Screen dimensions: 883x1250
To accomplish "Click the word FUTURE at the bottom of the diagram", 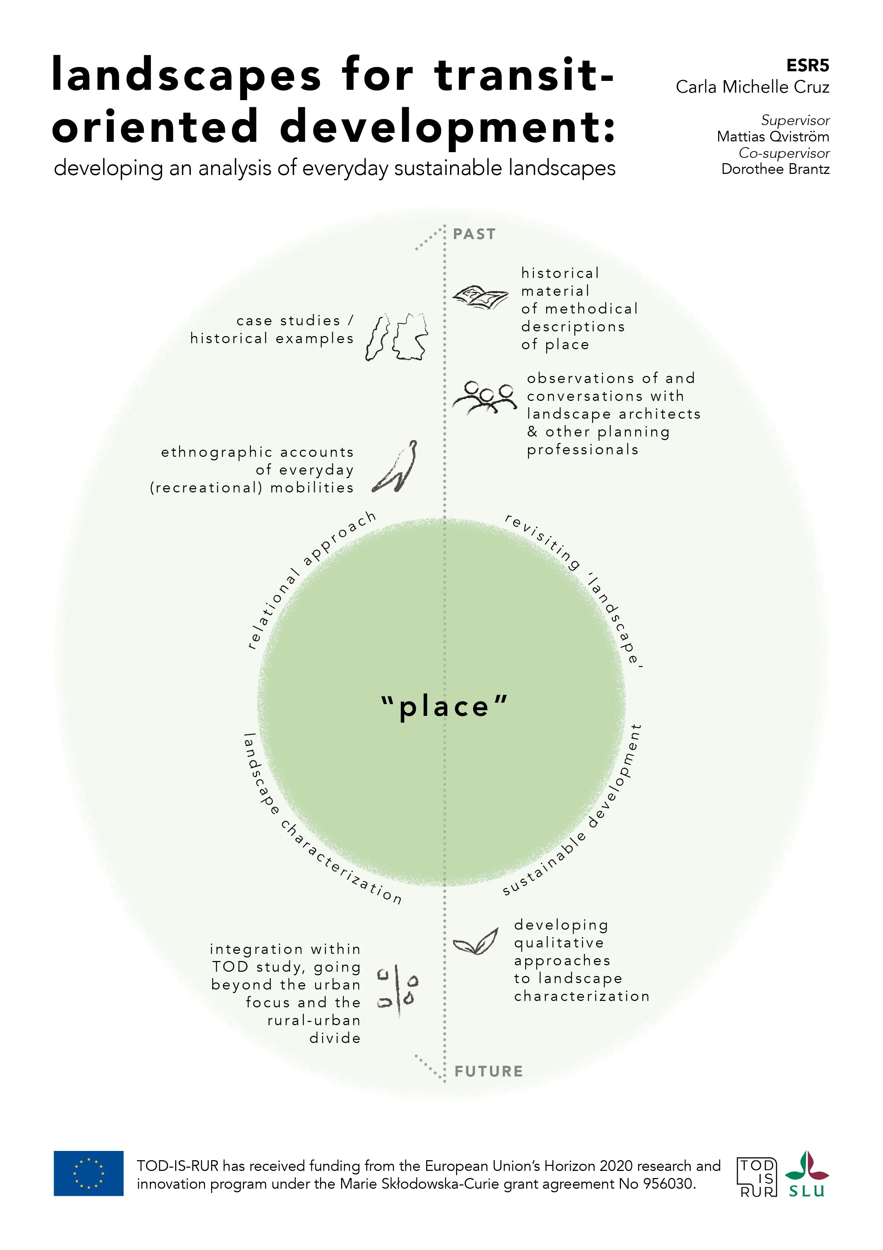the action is [488, 1071].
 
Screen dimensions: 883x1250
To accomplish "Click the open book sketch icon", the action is [480, 297].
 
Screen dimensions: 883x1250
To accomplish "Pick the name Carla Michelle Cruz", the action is [752, 87].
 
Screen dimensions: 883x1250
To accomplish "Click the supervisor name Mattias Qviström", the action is [773, 136].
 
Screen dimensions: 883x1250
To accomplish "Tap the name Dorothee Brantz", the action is [775, 169].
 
